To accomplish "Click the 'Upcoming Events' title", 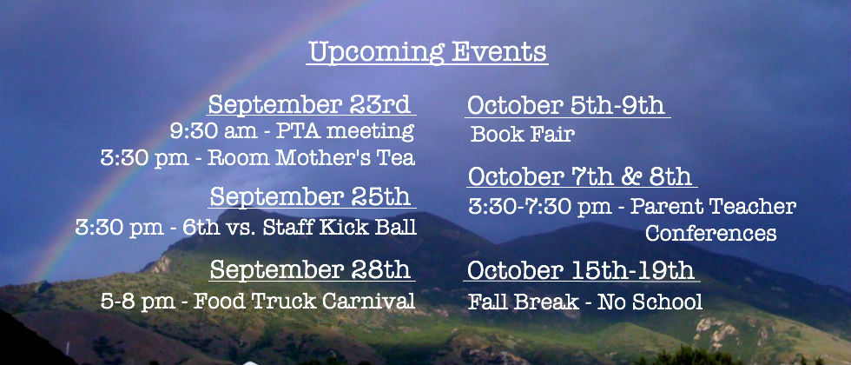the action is point(427,53).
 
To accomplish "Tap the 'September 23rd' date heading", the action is point(309,104).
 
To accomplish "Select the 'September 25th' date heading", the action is point(310,196).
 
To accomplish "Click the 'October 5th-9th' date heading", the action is point(565,105).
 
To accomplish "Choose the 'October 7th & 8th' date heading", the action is point(580,176).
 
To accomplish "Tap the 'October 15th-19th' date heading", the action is point(580,270).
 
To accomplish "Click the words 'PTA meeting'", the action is point(345,131).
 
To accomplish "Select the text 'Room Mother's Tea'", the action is point(312,157).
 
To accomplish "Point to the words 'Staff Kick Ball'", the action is point(340,227).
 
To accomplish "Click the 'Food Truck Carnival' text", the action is point(305,301).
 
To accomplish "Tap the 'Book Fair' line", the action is point(522,134).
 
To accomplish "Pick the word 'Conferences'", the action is point(710,233).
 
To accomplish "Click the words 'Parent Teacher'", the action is point(713,207).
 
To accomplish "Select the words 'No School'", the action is point(650,302).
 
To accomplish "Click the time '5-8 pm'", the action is point(138,302).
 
